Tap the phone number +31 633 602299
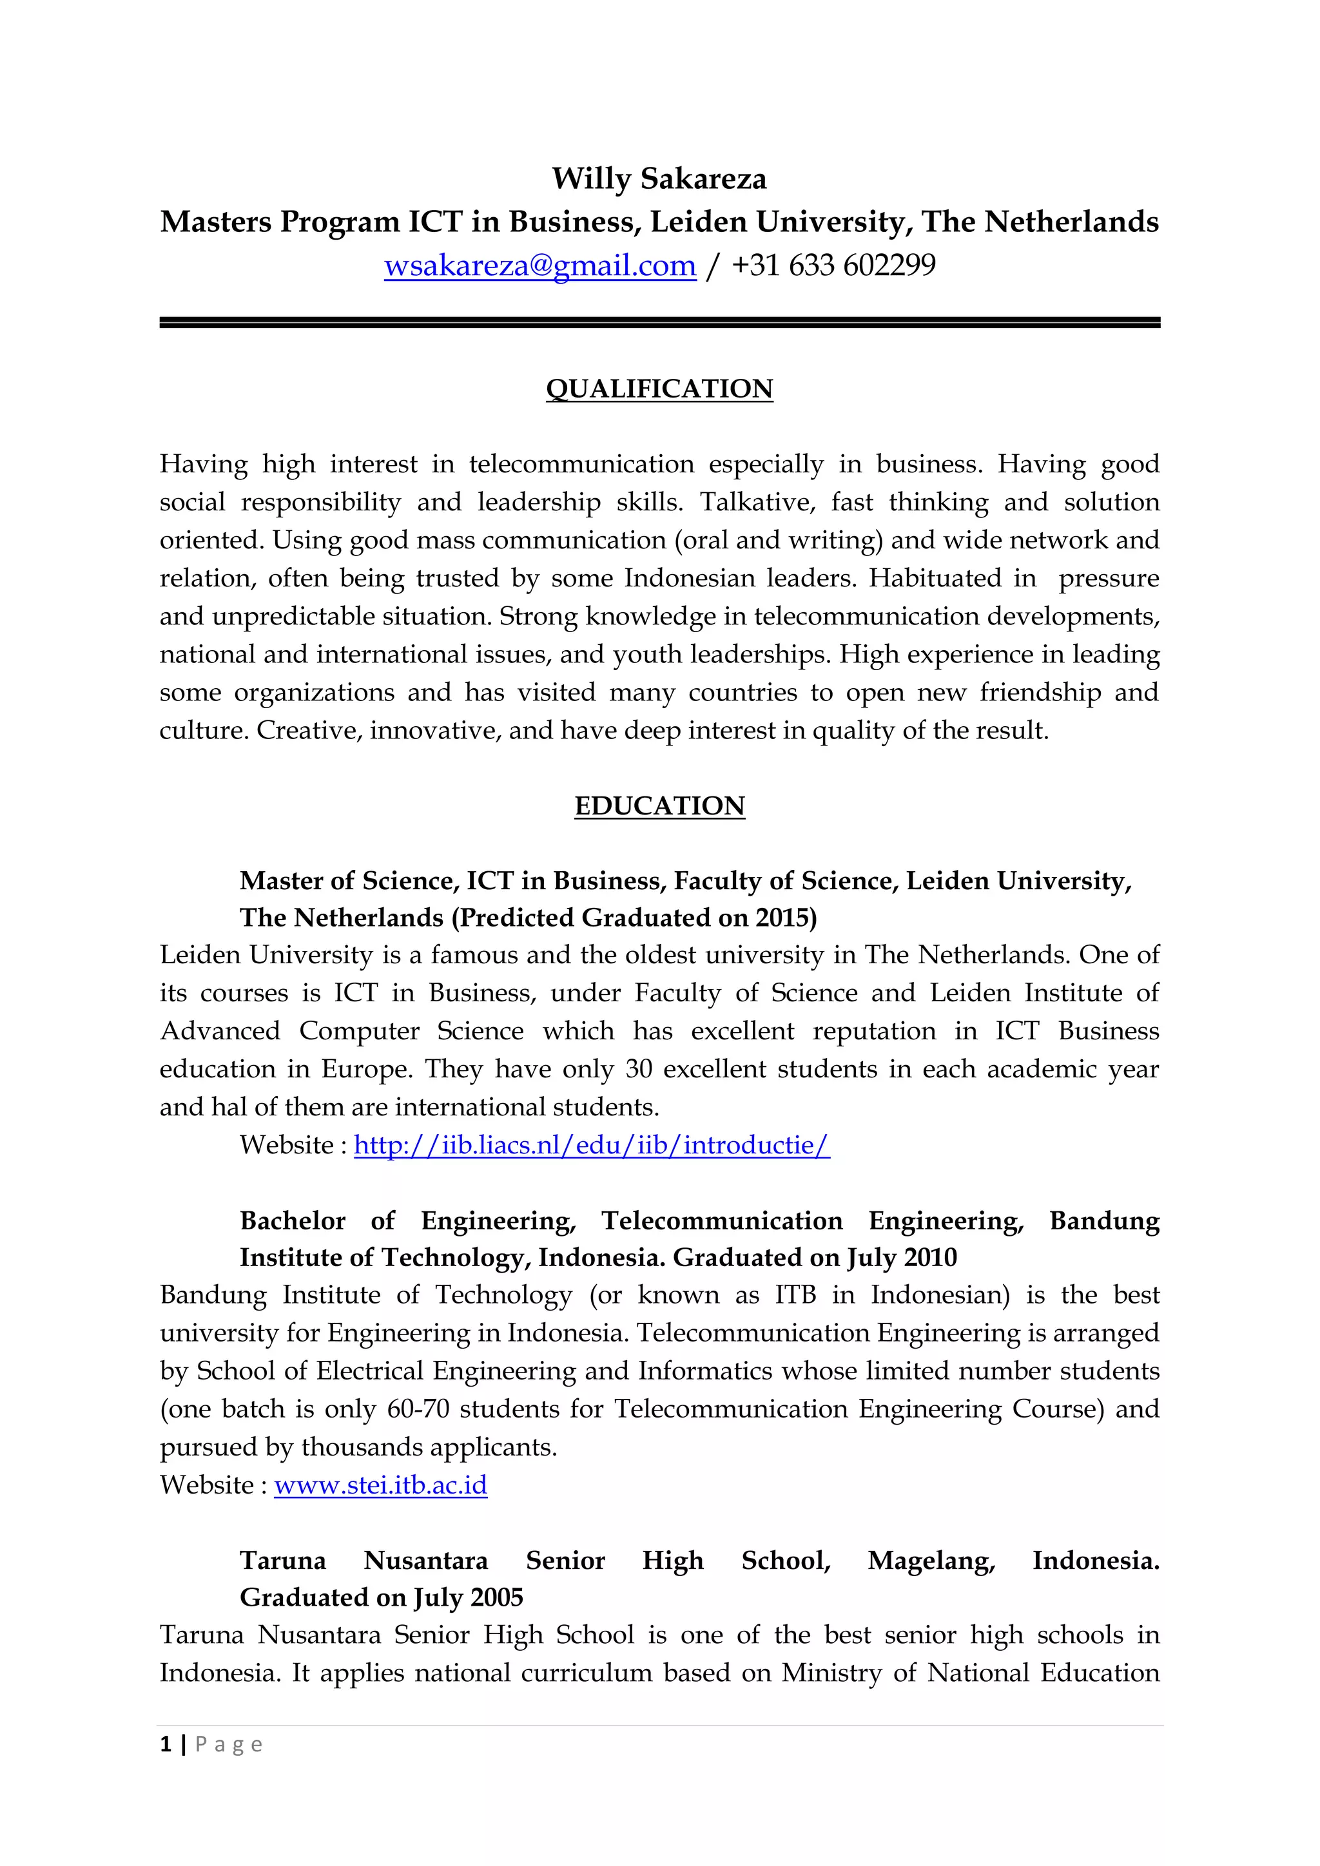click(x=833, y=265)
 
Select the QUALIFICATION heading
click(x=659, y=389)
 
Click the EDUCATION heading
click(x=659, y=805)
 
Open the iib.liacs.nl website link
click(x=592, y=1145)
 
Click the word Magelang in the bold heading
click(x=931, y=1561)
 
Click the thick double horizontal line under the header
click(x=659, y=323)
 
